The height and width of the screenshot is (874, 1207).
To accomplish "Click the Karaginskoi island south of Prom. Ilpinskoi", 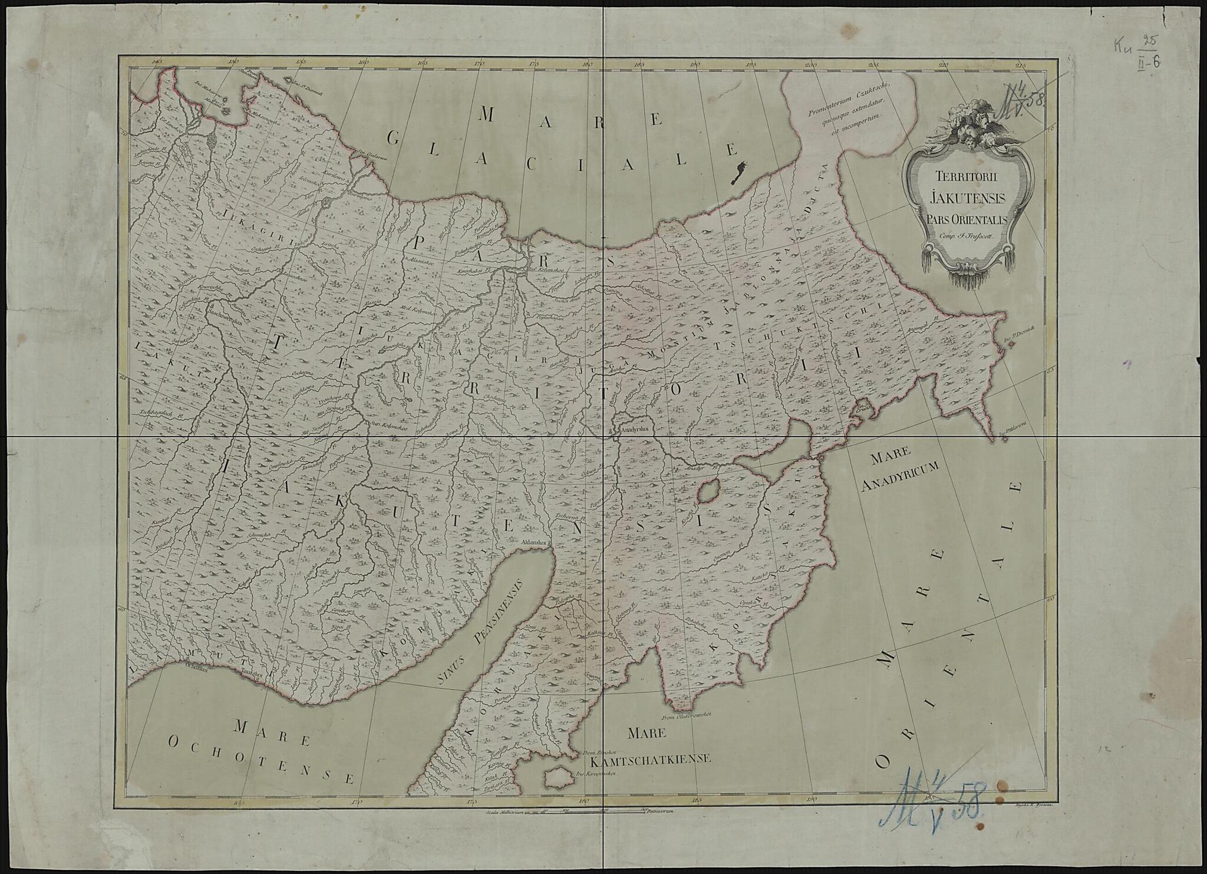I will pyautogui.click(x=555, y=778).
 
